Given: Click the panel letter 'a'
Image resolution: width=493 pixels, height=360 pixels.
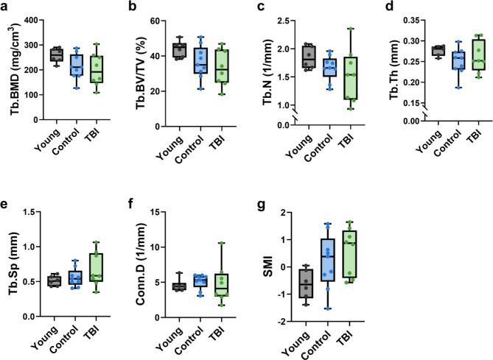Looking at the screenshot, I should pos(5,7).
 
